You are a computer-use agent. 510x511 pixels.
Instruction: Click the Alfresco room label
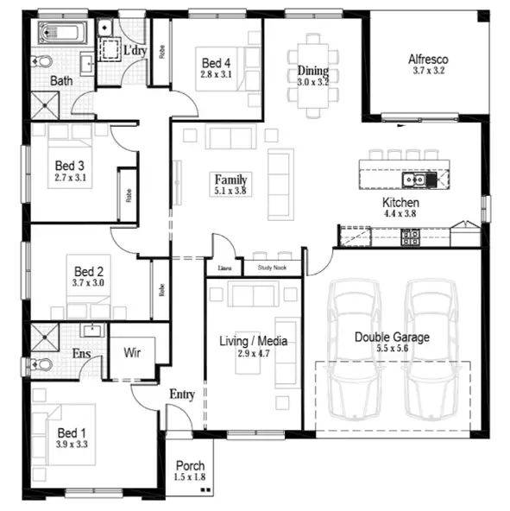point(429,60)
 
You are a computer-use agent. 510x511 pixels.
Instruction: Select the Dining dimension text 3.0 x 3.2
point(313,82)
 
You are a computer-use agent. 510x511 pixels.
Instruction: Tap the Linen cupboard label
point(225,268)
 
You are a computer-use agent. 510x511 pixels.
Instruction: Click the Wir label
point(132,353)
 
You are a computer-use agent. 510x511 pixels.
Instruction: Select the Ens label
point(82,353)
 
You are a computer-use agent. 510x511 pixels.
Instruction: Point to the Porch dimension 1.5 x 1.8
point(191,477)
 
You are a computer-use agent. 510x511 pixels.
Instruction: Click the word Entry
point(181,394)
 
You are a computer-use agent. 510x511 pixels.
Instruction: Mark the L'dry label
point(135,51)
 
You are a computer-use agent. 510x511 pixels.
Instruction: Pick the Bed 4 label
point(216,63)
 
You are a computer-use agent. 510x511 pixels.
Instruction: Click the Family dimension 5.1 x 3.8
point(231,191)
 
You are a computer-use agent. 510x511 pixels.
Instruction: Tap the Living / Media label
point(253,341)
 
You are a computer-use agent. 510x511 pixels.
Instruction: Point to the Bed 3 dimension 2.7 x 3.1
point(71,178)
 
